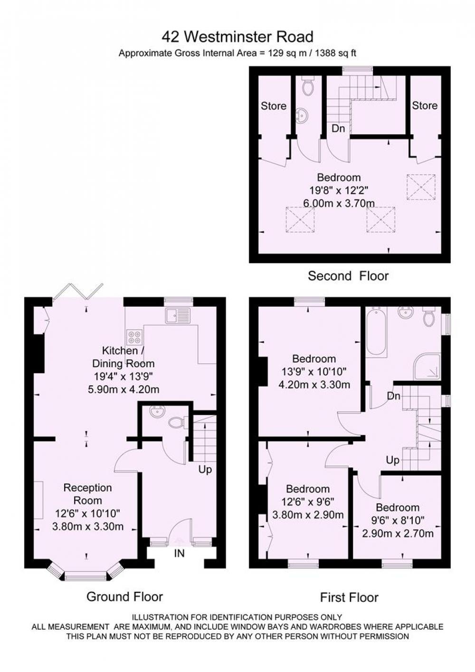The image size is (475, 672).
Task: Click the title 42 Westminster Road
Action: [x=237, y=37]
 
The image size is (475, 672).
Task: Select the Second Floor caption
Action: [x=348, y=276]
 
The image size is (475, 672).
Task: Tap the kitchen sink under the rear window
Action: [x=177, y=316]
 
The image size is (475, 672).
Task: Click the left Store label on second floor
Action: [x=273, y=106]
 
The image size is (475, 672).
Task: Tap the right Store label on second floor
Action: [x=424, y=105]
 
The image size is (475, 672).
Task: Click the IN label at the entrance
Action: [x=179, y=553]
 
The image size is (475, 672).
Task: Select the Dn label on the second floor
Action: [x=338, y=129]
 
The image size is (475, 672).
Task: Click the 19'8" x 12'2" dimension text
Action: [x=339, y=190]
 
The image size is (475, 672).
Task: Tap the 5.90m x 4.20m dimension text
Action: [x=123, y=389]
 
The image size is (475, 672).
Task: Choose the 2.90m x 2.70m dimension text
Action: [x=398, y=533]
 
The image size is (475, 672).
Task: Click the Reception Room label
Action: [x=87, y=494]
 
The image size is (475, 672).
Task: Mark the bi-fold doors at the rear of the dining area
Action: [x=78, y=291]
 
